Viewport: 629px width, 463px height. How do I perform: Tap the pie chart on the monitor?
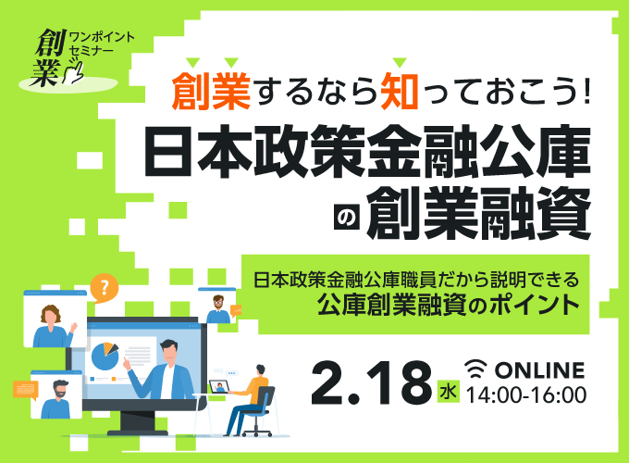pos(105,356)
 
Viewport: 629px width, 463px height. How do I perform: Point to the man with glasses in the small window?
pos(218,307)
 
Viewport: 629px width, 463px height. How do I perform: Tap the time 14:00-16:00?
pos(525,396)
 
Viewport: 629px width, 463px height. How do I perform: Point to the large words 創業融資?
pos(475,215)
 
